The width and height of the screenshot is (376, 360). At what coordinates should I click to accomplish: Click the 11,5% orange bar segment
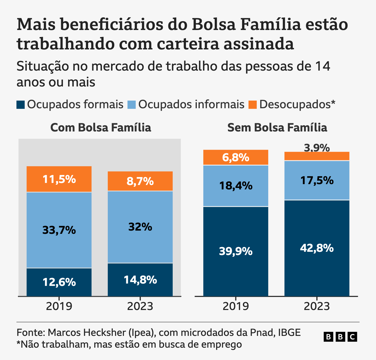[x=59, y=179]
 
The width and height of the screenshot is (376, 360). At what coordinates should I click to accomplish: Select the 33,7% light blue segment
[x=59, y=230]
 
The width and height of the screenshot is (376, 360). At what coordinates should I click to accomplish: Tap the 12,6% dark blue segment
[x=59, y=282]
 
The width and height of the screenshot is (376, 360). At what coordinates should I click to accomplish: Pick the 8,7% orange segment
[x=140, y=181]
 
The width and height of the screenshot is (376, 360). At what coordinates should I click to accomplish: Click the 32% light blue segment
[x=140, y=227]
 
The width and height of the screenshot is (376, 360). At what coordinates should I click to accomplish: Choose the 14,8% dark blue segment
[x=140, y=280]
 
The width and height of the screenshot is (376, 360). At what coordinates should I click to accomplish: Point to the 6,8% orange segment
[x=236, y=158]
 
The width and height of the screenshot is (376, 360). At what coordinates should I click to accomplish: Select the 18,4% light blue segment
[x=236, y=186]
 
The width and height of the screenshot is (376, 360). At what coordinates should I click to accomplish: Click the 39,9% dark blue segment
[x=236, y=251]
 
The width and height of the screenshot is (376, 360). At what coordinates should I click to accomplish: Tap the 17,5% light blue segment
[x=317, y=180]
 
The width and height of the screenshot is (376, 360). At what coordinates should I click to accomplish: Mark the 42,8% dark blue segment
[x=317, y=248]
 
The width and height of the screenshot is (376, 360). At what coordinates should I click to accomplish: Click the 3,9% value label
[x=317, y=148]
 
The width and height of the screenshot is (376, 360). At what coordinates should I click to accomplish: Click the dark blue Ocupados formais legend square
[x=21, y=105]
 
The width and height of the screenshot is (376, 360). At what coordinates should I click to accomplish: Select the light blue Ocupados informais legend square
[x=132, y=105]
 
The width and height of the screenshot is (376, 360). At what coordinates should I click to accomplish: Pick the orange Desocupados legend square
[x=253, y=105]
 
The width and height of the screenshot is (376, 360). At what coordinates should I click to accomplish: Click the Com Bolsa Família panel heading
[x=101, y=128]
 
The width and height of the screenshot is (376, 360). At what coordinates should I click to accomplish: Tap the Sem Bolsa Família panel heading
[x=277, y=128]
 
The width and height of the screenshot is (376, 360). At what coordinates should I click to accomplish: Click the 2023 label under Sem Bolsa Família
[x=317, y=306]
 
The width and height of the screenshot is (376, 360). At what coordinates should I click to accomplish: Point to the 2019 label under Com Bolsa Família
[x=59, y=306]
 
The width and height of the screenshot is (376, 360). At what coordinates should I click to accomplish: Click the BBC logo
[x=340, y=337]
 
